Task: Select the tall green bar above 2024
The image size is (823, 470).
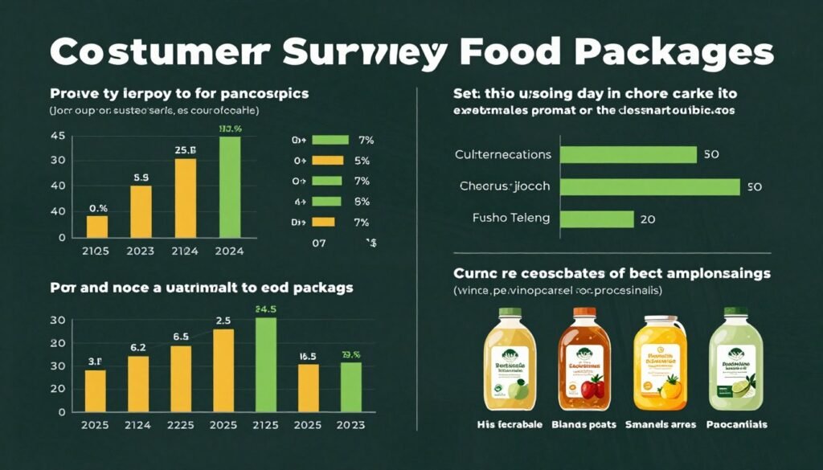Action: [229, 187]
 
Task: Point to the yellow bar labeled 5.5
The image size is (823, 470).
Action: [141, 211]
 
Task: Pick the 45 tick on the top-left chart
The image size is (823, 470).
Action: [57, 136]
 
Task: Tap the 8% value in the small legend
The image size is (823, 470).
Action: [361, 201]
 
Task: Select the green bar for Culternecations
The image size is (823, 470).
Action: [628, 154]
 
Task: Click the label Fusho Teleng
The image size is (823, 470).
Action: [511, 217]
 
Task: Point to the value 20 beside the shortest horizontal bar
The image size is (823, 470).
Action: [649, 218]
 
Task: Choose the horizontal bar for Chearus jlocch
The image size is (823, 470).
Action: [649, 186]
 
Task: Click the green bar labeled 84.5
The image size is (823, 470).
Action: [266, 364]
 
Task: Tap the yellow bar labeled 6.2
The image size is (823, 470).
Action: [138, 383]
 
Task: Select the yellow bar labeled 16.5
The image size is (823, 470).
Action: [309, 387]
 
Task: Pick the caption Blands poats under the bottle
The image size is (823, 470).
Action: [583, 423]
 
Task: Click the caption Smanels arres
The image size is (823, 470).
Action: [659, 423]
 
